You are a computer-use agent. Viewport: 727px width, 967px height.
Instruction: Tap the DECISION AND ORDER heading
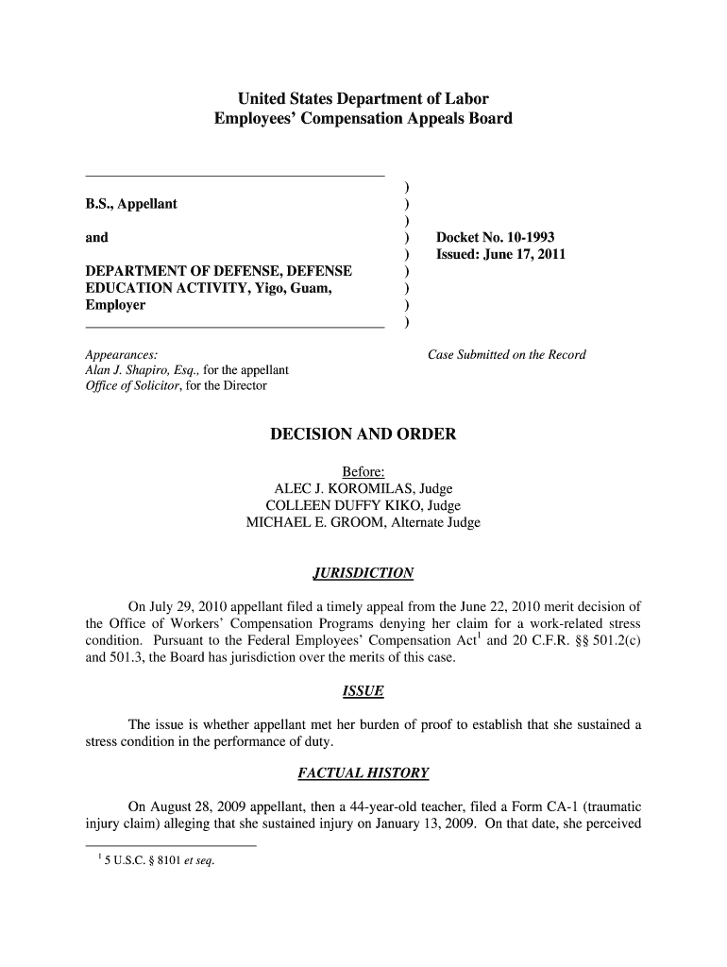click(x=363, y=434)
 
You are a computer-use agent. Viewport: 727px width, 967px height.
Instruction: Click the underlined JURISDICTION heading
click(x=363, y=573)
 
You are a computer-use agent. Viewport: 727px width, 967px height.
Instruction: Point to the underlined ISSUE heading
click(x=363, y=691)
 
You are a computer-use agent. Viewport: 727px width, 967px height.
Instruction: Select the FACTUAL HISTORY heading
click(x=363, y=773)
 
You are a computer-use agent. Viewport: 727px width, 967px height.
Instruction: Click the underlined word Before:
click(x=363, y=471)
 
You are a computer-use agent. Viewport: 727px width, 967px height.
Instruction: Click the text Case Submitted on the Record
click(x=507, y=355)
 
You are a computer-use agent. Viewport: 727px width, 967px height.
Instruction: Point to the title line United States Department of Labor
click(x=363, y=98)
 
